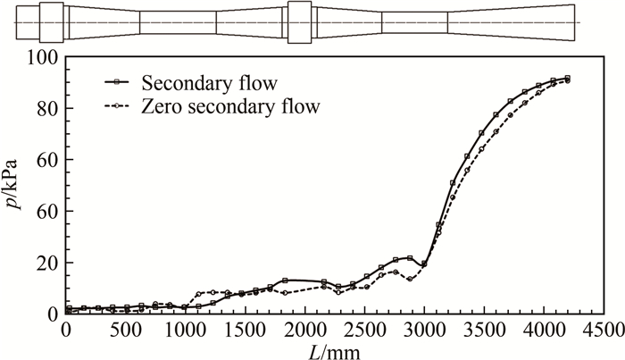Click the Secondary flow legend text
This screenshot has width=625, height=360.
coord(208,83)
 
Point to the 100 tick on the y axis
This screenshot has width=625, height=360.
coord(44,57)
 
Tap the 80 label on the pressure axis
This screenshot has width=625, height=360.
coord(48,109)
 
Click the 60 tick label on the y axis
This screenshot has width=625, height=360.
coord(48,161)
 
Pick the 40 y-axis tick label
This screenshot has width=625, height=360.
coord(48,212)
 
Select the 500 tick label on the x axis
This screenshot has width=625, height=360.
coord(126,329)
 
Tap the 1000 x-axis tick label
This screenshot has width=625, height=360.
coord(185,329)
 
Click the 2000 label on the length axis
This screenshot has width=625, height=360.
coord(304,329)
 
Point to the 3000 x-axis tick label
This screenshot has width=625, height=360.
coord(423,329)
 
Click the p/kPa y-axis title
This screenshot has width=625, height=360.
coord(19,186)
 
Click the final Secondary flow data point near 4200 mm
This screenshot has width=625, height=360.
coord(567,79)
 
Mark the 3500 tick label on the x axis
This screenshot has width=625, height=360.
coord(483,329)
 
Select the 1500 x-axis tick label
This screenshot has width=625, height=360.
coord(245,329)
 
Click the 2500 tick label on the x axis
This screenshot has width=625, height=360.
coord(364,329)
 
